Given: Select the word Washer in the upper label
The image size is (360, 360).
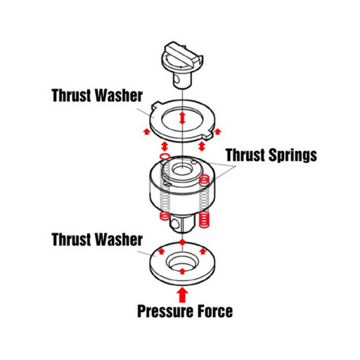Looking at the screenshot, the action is pos(119,96).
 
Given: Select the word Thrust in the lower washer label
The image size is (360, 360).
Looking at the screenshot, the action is pos(72,239).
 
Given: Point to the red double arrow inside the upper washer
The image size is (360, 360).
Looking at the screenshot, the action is pos(182,118).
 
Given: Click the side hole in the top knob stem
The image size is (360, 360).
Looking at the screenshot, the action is pos(178,79).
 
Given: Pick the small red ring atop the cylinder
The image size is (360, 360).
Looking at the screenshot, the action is pos(165,156).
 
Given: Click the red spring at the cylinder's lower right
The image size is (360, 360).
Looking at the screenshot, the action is pos(204,219).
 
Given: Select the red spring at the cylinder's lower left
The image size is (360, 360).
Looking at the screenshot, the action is pos(165,216).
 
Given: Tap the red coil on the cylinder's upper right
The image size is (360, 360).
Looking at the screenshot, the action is pos(204,179).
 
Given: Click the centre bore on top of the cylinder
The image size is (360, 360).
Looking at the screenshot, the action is pos(182,169).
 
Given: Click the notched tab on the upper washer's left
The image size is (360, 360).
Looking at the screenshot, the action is pos(156,105).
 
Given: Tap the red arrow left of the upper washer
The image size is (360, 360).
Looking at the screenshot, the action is pos(147,131).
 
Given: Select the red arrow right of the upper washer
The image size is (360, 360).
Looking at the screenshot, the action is pos(218,131).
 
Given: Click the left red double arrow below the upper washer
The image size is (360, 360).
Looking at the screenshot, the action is pos(165,146).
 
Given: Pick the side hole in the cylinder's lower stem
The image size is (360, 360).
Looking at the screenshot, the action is pos(174,224).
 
